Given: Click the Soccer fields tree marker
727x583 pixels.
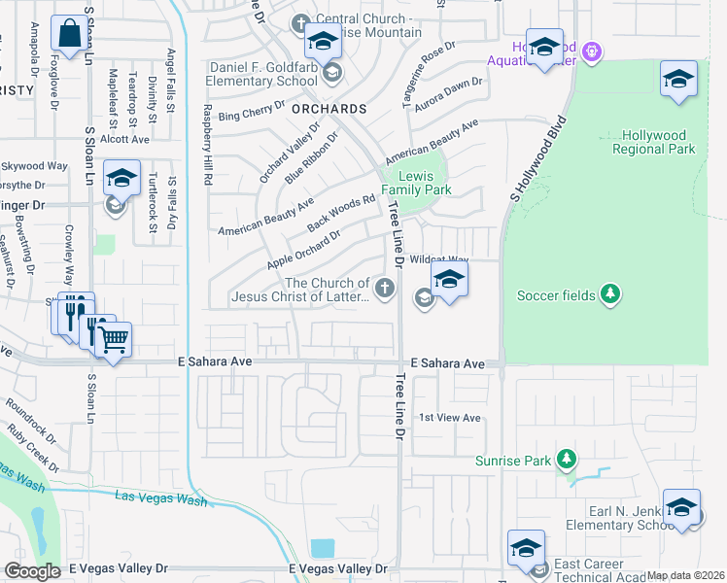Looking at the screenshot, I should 609,294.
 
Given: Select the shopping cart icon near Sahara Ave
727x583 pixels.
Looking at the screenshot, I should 114,340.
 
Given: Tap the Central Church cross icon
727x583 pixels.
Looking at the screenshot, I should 300,22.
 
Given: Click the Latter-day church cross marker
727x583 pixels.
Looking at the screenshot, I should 386,287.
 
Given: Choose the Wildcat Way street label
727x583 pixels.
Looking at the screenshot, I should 439,260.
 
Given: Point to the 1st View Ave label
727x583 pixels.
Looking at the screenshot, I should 450,418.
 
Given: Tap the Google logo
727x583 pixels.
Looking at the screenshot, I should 33,571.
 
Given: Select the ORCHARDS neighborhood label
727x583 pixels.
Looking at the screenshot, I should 329,109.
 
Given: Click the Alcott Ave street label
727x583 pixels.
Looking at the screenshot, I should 124,139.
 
